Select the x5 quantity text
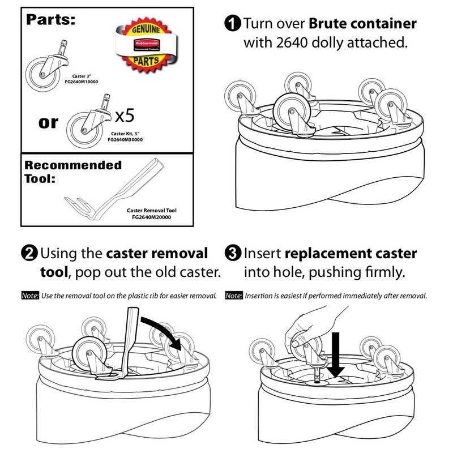(x=124, y=117)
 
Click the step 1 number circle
(x=232, y=24)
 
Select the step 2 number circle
(x=30, y=253)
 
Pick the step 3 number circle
(x=233, y=253)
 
